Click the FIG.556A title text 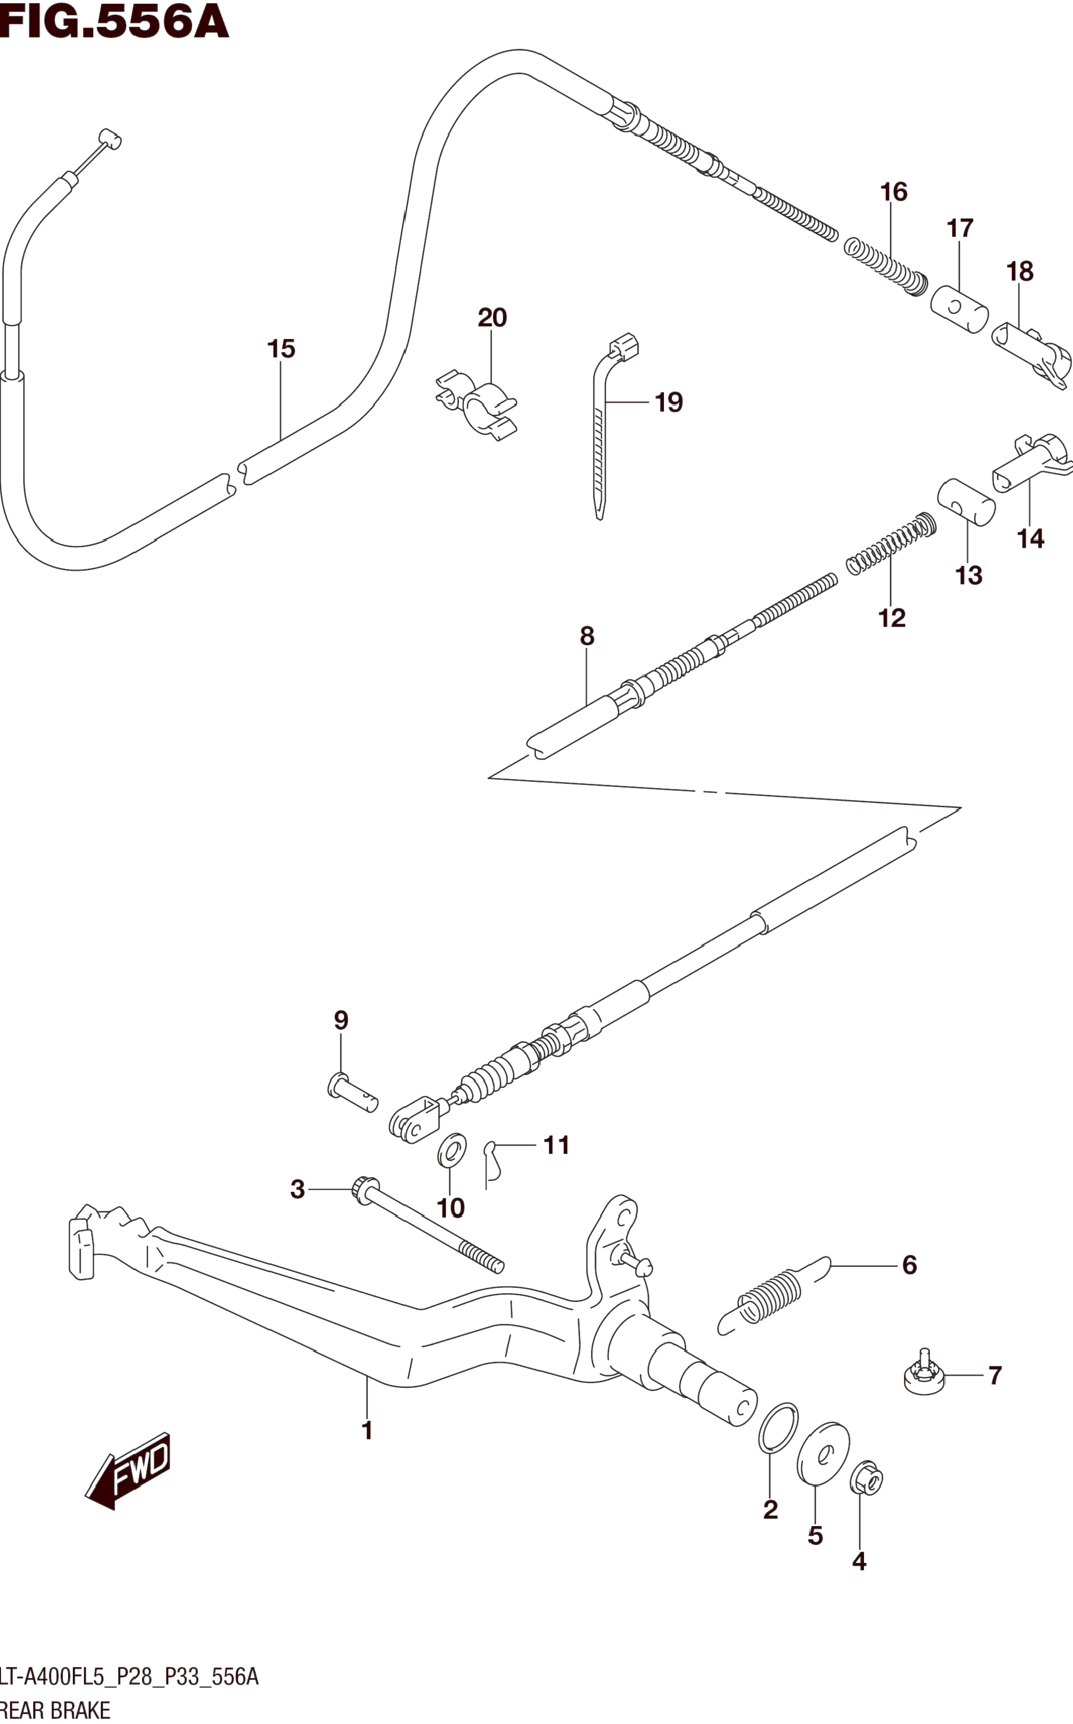coord(114,21)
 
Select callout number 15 coord(281,348)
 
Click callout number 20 coord(492,317)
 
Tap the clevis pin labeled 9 coord(352,1093)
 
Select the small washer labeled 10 coord(451,1150)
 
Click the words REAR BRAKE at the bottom coord(57,1710)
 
